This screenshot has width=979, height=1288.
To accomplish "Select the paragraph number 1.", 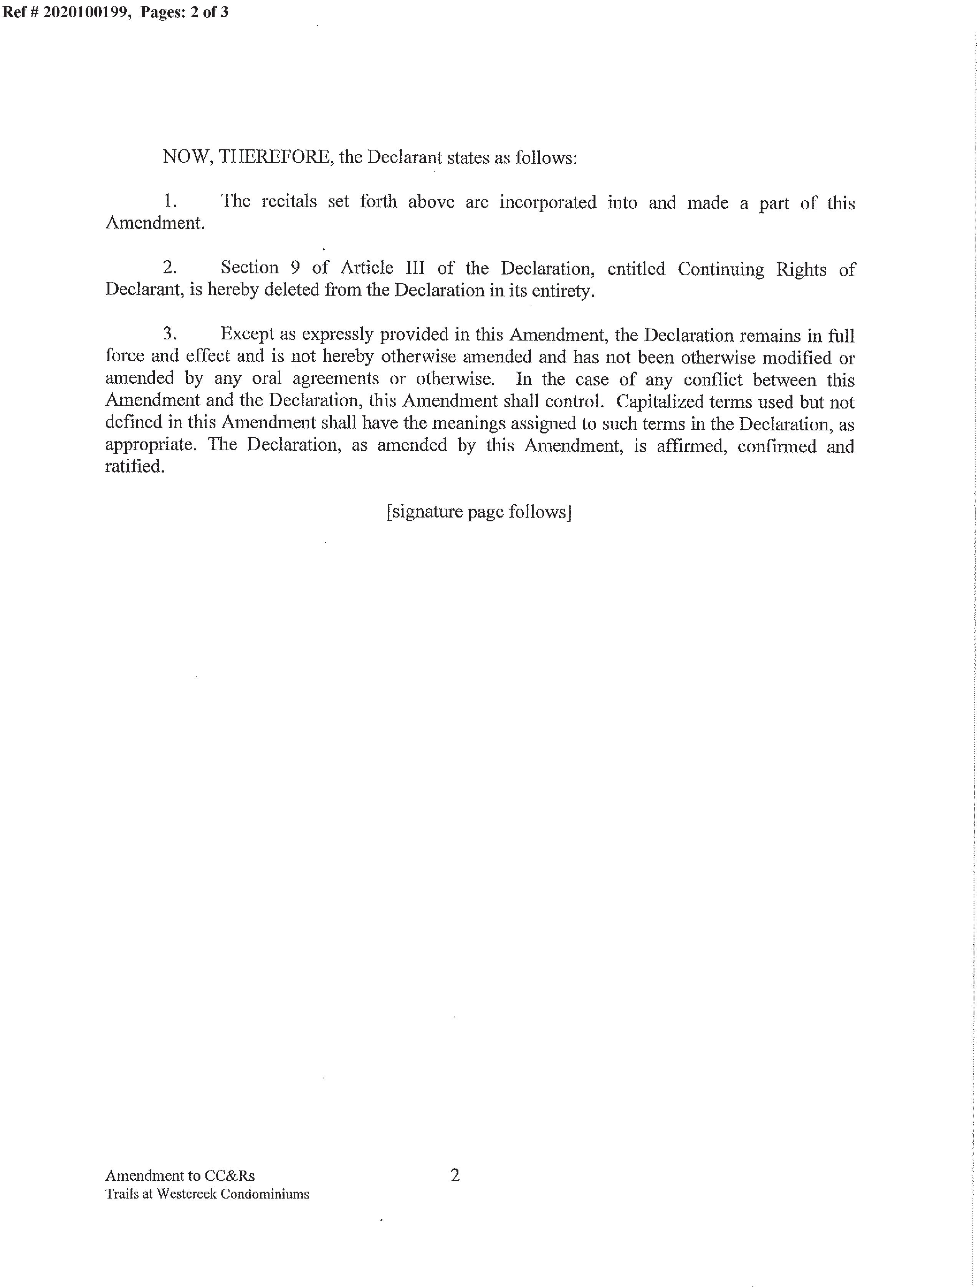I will point(170,202).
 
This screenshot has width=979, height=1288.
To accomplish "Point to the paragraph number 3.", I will point(170,334).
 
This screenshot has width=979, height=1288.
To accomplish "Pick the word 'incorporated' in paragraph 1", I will point(548,202).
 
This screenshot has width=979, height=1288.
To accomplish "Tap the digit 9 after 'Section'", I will point(295,268).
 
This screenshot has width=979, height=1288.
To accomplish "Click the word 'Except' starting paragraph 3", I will point(247,334).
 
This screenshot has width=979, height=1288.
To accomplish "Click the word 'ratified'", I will point(134,466).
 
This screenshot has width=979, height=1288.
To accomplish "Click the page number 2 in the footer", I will point(455,1159).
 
